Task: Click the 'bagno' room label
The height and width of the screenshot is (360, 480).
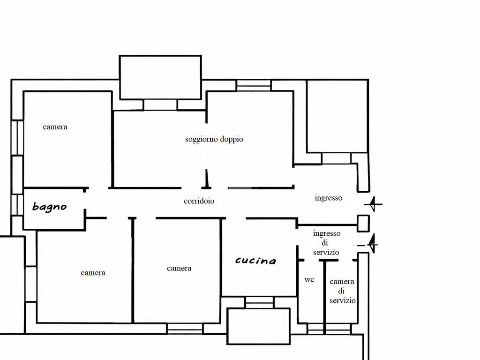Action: tap(49, 207)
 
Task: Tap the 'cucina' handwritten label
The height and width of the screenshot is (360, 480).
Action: tap(255, 261)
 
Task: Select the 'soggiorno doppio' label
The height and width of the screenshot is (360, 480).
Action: tap(214, 139)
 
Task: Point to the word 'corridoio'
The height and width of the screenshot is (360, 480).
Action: tap(199, 201)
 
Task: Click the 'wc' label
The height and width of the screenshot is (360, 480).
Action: tap(309, 279)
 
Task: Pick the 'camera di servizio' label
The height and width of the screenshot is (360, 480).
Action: tap(342, 291)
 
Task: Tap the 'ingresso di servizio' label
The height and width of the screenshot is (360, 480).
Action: tap(326, 243)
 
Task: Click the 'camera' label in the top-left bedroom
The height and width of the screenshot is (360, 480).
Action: tap(55, 127)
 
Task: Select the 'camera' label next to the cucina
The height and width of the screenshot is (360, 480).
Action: tap(179, 268)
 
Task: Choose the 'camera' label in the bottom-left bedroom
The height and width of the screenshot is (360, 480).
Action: tap(93, 273)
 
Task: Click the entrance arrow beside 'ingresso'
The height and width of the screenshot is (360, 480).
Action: tap(373, 204)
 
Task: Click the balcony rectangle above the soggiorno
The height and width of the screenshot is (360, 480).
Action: tap(160, 77)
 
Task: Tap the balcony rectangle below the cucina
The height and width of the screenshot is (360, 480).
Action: tap(259, 326)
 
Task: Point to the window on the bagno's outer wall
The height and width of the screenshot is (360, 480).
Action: tap(17, 205)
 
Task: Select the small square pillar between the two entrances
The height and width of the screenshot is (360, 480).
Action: tap(363, 223)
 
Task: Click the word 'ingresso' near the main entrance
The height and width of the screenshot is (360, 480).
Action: tap(329, 198)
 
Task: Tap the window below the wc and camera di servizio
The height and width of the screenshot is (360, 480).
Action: tap(329, 329)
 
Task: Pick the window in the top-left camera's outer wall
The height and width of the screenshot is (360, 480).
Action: tap(17, 138)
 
